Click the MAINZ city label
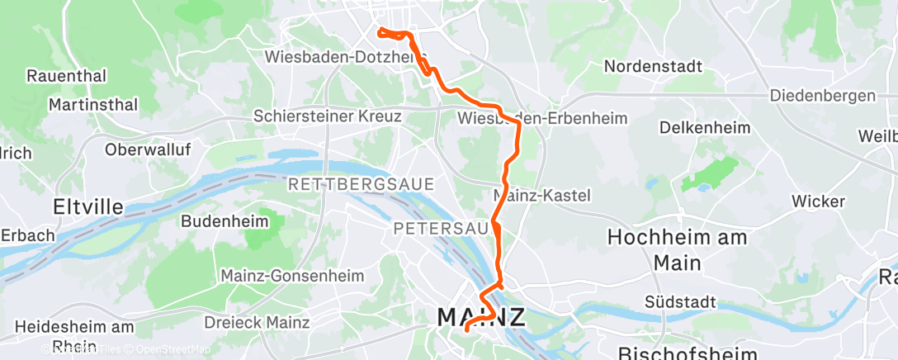[481, 317]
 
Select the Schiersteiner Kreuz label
[328, 116]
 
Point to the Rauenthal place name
[67, 76]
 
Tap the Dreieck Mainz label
[257, 322]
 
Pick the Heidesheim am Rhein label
[73, 334]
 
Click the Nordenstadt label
[652, 65]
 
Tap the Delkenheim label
[704, 128]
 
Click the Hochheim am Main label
[677, 249]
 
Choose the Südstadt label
[681, 302]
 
